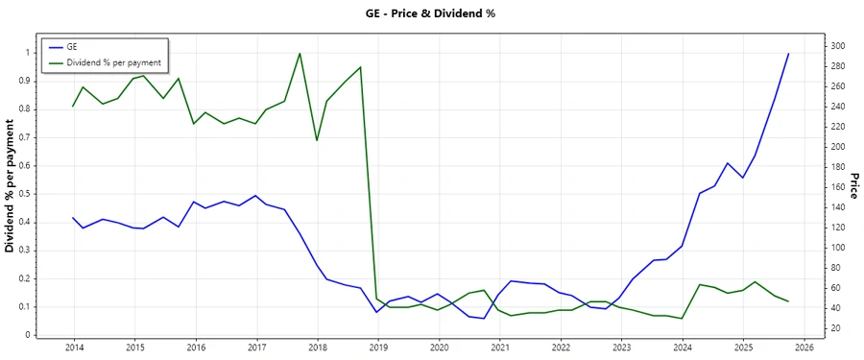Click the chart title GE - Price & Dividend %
tap(432, 13)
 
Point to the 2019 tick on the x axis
tap(377, 348)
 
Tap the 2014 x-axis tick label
tap(73, 348)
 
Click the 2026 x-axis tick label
tap(804, 348)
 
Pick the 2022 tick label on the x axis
tap(561, 348)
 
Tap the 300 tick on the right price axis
tap(839, 46)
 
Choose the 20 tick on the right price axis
tap(837, 328)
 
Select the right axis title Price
tap(853, 187)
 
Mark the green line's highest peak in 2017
tap(300, 53)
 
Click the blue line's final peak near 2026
tap(788, 54)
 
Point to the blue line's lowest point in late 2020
tap(484, 319)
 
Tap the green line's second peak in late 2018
tap(361, 67)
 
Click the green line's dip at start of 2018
tap(317, 140)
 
